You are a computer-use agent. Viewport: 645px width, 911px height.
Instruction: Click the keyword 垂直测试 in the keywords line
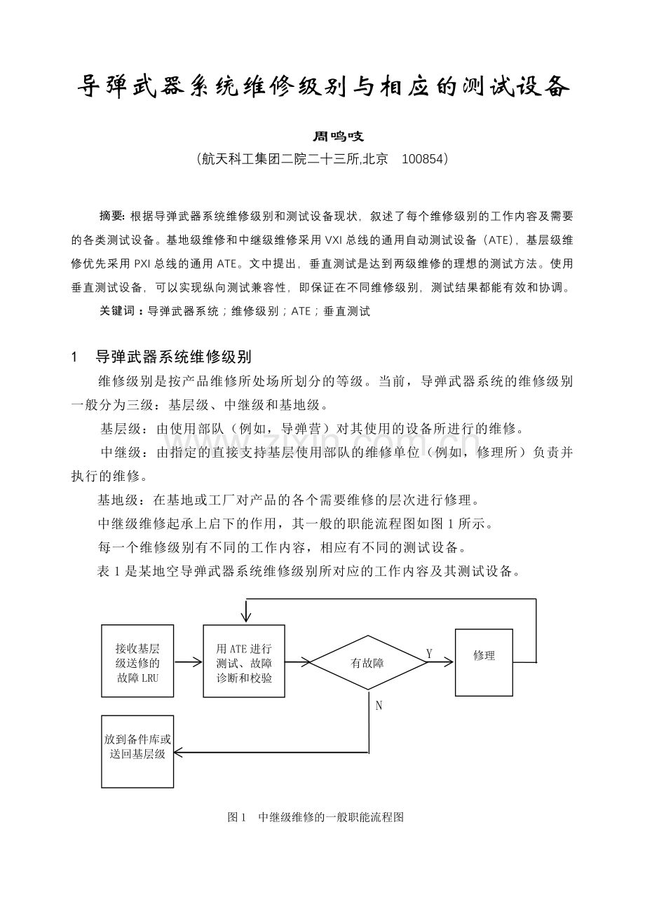point(347,311)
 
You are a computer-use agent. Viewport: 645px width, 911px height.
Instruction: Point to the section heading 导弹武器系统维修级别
point(173,357)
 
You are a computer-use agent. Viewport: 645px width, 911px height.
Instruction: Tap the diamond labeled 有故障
point(367,662)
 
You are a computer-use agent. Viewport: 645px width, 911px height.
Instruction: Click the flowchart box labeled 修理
point(484,657)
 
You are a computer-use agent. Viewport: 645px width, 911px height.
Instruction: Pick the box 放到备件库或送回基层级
point(137,747)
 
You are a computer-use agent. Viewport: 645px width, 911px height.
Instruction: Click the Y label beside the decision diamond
point(429,654)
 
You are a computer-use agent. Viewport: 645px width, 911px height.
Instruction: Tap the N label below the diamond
point(379,706)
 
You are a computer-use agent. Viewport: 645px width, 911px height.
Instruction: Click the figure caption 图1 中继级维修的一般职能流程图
point(315,817)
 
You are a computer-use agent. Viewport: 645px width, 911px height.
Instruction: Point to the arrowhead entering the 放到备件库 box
point(178,753)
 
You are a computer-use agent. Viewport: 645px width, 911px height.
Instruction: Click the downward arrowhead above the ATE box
point(245,617)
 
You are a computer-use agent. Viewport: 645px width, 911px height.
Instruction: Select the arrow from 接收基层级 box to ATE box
point(188,661)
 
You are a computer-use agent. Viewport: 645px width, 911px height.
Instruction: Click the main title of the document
point(322,88)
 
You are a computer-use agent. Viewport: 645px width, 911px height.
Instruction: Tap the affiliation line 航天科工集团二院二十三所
point(280,159)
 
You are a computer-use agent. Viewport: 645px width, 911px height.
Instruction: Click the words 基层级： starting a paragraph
point(123,429)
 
